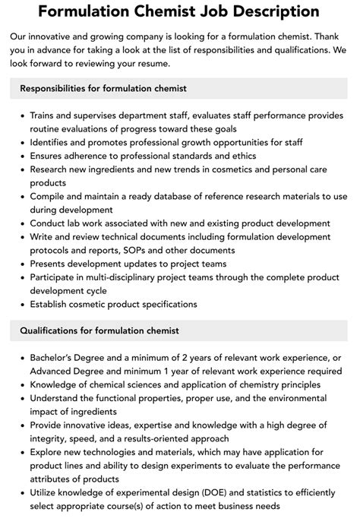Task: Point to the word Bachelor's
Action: [56, 357]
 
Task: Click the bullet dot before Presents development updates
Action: [20, 264]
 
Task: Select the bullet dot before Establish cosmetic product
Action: [20, 304]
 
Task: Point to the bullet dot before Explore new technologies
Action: [20, 452]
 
